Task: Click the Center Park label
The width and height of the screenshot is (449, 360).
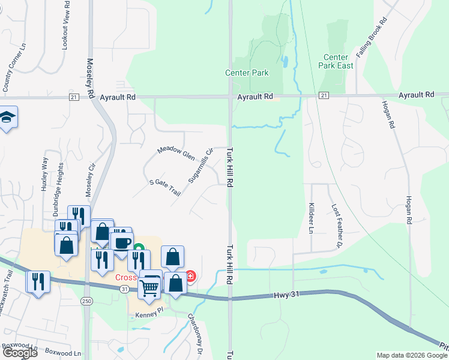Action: (247, 73)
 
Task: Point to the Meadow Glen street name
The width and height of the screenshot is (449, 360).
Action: (176, 152)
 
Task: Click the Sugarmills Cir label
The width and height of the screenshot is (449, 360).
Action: (200, 167)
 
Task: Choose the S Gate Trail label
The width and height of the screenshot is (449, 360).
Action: (164, 186)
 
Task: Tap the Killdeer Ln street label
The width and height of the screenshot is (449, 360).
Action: (311, 218)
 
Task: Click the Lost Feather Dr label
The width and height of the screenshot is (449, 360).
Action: (336, 226)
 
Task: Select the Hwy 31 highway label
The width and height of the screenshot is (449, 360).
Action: (286, 294)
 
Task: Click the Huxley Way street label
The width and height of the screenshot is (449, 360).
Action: (44, 174)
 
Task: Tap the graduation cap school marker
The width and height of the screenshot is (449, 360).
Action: (7, 118)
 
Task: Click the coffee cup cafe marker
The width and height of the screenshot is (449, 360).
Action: (122, 244)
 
